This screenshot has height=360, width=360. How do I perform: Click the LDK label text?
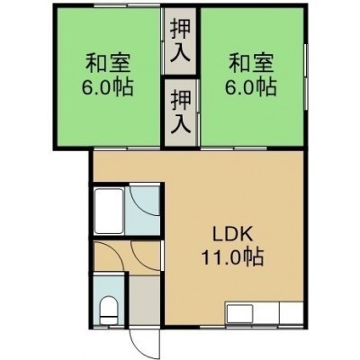click(x=232, y=236)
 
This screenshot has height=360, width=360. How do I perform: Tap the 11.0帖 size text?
click(x=232, y=257)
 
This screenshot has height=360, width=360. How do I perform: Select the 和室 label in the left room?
click(x=108, y=64)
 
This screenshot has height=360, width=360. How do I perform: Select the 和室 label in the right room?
click(x=251, y=64)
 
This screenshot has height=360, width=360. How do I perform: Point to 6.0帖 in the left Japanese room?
click(x=108, y=86)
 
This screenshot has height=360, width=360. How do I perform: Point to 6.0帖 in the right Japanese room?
click(x=251, y=86)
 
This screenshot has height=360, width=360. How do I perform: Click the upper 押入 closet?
click(x=180, y=41)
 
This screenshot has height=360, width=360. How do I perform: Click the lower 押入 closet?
click(x=181, y=112)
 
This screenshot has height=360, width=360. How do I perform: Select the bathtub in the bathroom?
click(x=109, y=211)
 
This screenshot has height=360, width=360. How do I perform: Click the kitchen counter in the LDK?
click(x=264, y=313)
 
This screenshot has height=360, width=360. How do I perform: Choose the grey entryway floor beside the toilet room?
click(x=144, y=301)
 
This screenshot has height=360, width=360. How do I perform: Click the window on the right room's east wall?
click(x=306, y=76)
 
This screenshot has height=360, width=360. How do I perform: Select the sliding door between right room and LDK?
click(x=234, y=148)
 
